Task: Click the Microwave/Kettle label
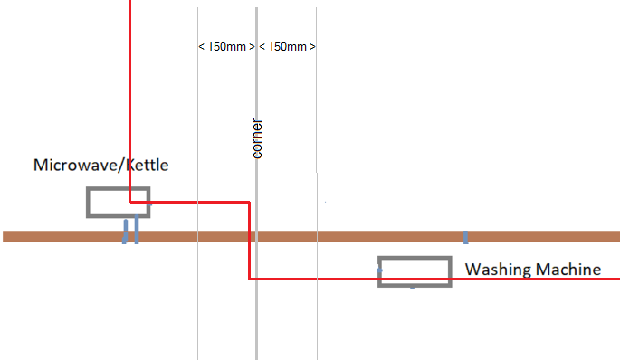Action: coord(100,166)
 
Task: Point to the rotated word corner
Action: coord(257,138)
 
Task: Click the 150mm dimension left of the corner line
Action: coord(226,47)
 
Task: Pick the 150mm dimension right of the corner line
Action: coord(287,47)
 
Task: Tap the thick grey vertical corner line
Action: coord(257,184)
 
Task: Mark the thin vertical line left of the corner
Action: coord(197,184)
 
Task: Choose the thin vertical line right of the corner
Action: coord(317,184)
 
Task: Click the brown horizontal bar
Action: coord(311,236)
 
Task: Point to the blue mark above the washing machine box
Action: coord(466,238)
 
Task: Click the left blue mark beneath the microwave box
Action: coord(125,232)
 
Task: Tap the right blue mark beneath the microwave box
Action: coord(137,230)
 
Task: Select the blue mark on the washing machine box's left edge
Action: coord(380,270)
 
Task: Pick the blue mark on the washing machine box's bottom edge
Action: coord(413,287)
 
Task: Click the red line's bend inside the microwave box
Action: coord(130,203)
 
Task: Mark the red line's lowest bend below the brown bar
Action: coord(250,279)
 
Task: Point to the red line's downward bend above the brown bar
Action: coord(250,203)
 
